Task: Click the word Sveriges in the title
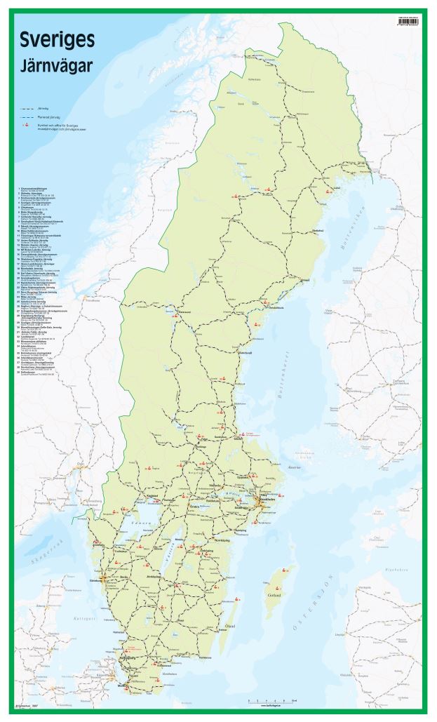click(57, 41)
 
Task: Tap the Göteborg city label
click(103, 581)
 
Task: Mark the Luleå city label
click(336, 188)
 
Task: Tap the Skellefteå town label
click(317, 229)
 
